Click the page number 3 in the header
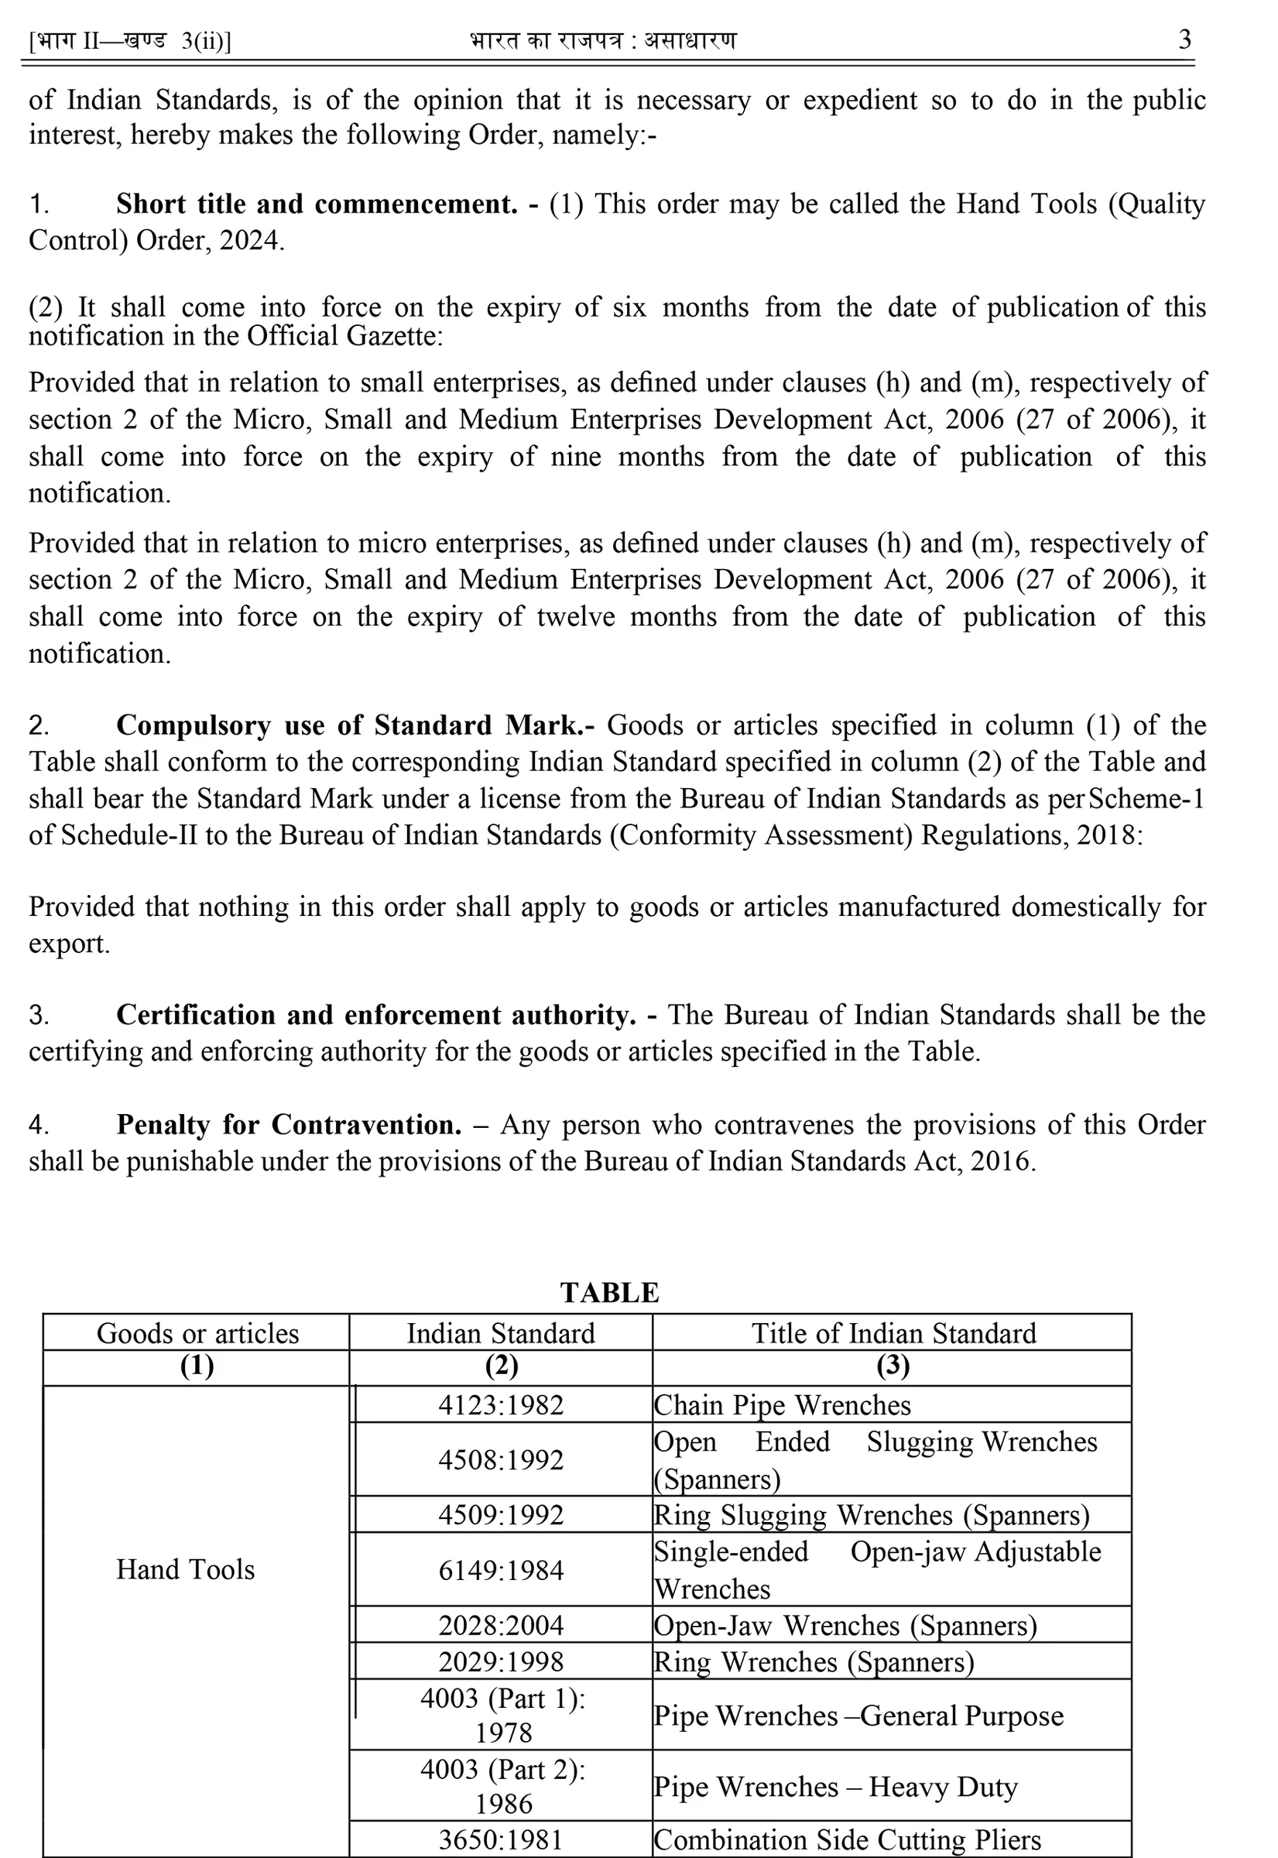tap(1184, 39)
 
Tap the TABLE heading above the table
tap(609, 1293)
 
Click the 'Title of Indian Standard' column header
tap(893, 1333)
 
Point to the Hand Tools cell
tap(185, 1570)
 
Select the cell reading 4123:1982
tap(501, 1406)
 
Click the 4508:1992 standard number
tap(501, 1460)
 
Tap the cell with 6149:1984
tap(501, 1571)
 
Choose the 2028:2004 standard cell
tap(501, 1625)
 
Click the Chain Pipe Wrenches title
tap(782, 1406)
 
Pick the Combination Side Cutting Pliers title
tap(847, 1839)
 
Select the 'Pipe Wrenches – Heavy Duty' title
tap(835, 1787)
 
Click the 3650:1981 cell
tap(501, 1839)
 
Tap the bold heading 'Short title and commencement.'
tap(317, 204)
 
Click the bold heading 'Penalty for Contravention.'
tap(288, 1124)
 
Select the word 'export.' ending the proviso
tap(69, 944)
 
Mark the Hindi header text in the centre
tap(603, 40)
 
